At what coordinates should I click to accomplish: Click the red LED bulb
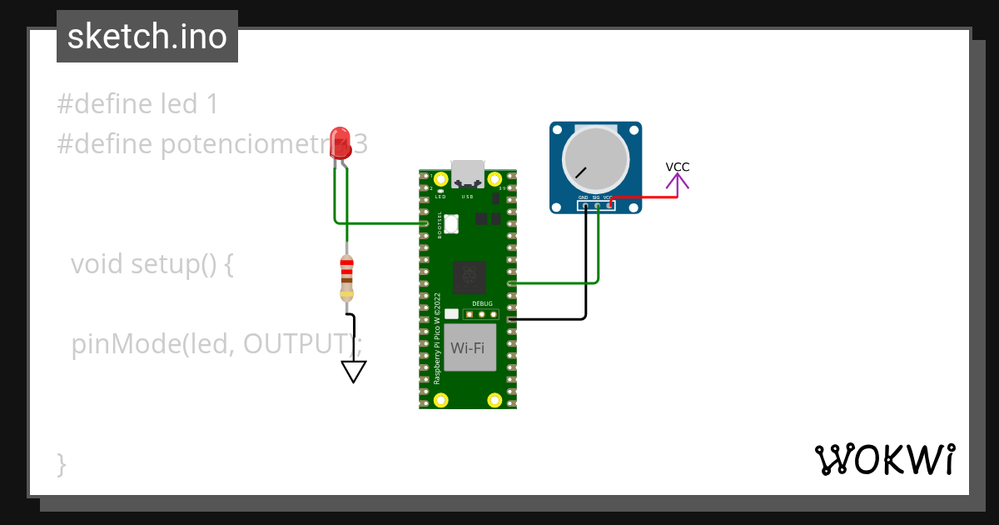coord(340,142)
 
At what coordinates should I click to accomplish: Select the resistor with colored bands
coord(347,277)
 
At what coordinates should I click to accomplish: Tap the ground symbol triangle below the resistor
coord(354,371)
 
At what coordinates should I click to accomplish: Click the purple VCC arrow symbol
coord(677,185)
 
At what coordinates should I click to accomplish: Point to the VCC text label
coord(678,167)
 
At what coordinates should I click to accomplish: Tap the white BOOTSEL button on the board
coord(452,223)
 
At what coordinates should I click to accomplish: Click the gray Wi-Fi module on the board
coord(470,347)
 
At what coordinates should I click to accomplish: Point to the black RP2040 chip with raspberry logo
coord(469,277)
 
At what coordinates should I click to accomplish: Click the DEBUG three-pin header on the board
coord(482,315)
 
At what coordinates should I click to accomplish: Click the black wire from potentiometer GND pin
coord(586,267)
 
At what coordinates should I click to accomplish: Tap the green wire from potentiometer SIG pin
coord(599,250)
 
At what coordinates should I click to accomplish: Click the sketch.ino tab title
coord(147,37)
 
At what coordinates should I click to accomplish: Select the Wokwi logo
coord(884,459)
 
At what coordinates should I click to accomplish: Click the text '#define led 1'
coord(138,104)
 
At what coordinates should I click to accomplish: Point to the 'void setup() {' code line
coord(153,264)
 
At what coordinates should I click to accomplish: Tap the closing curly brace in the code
coord(62,463)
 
